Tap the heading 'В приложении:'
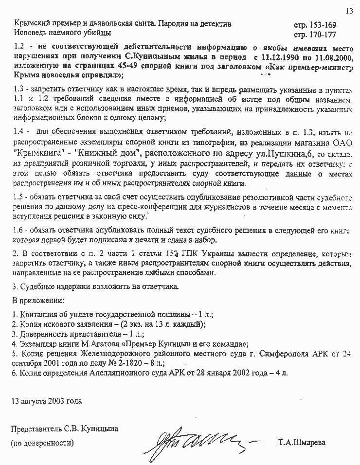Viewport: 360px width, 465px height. [35, 299]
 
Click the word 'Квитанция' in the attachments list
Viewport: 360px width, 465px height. [37, 314]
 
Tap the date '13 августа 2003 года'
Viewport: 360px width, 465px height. [47, 401]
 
